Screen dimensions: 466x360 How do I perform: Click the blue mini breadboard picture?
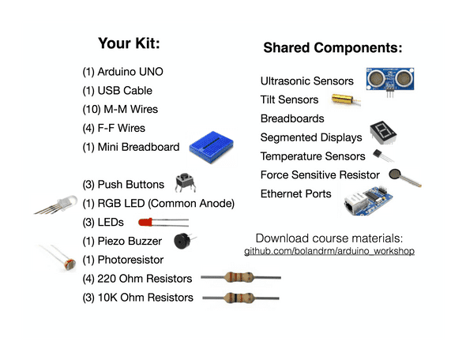click(x=212, y=148)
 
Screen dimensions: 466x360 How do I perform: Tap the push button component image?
click(x=185, y=182)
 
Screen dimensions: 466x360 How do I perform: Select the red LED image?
click(x=163, y=222)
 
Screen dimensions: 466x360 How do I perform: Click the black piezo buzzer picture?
click(x=184, y=241)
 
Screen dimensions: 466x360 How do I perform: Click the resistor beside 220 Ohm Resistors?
click(x=241, y=277)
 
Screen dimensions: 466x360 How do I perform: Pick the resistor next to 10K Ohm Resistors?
click(x=241, y=298)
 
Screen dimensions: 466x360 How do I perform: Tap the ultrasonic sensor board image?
click(x=390, y=81)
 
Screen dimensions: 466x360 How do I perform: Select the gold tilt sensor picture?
click(x=346, y=99)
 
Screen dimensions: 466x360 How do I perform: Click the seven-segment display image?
click(x=383, y=133)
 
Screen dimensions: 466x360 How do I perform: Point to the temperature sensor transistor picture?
click(x=383, y=156)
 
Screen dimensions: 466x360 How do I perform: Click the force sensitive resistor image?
click(x=404, y=178)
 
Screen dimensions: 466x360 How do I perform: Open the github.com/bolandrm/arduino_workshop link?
click(x=329, y=251)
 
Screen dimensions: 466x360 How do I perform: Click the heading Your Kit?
click(x=129, y=43)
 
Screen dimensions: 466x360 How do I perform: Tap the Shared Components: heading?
click(x=333, y=48)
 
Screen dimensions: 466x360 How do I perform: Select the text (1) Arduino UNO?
click(x=122, y=72)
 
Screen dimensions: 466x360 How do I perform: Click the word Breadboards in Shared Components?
click(x=292, y=118)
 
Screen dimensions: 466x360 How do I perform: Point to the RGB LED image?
click(x=55, y=204)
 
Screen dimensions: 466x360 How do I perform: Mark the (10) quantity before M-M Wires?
click(x=92, y=109)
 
